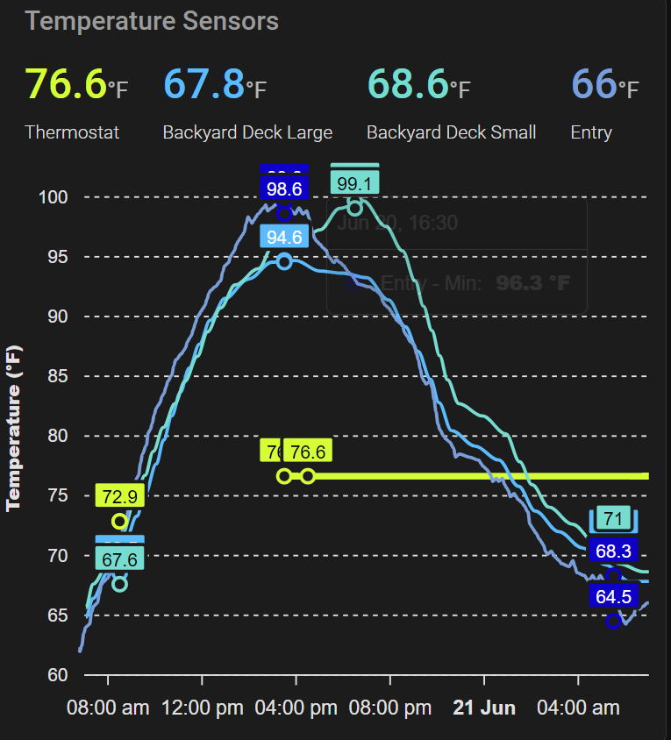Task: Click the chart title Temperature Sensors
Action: coord(152,21)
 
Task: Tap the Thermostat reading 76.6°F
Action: coord(75,84)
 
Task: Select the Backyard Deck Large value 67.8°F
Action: coord(215,84)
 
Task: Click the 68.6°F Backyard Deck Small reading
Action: coord(418,84)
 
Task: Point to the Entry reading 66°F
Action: coord(604,84)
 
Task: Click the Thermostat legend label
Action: coord(72,132)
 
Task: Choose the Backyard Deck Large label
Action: coord(247,132)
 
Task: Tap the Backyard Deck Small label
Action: coord(451,132)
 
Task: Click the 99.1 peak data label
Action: coord(354,183)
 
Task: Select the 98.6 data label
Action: coord(284,189)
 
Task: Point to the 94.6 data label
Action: coord(284,237)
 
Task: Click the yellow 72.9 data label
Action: coord(119,496)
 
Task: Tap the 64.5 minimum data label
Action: coord(613,597)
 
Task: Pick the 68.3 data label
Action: coord(613,551)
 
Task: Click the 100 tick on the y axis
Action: coord(53,197)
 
